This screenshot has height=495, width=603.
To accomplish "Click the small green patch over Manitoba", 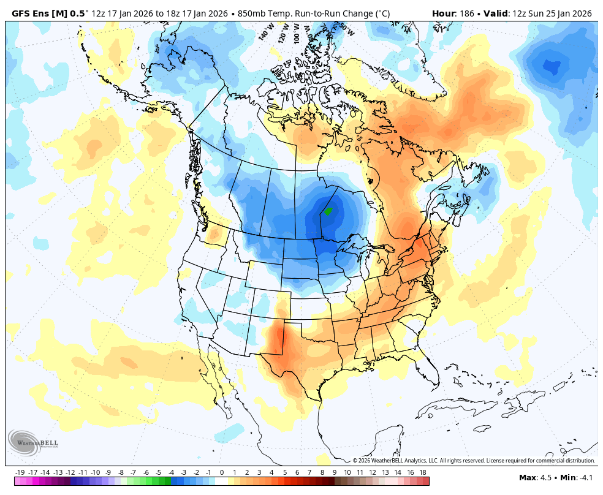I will coord(328,211).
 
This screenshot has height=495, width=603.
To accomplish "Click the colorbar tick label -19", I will coord(20,472).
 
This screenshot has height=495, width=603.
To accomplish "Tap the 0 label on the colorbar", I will coord(221,472).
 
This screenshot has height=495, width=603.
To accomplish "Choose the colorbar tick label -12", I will coord(70,472).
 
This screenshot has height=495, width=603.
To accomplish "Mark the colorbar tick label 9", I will coord(335,472).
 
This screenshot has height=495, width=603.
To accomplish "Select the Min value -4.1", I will coord(586,478).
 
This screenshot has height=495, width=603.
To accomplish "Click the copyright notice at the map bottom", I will coord(474,461).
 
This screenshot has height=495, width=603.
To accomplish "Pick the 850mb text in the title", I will coord(251,13).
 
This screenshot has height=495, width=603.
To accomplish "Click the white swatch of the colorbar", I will coord(221,481).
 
